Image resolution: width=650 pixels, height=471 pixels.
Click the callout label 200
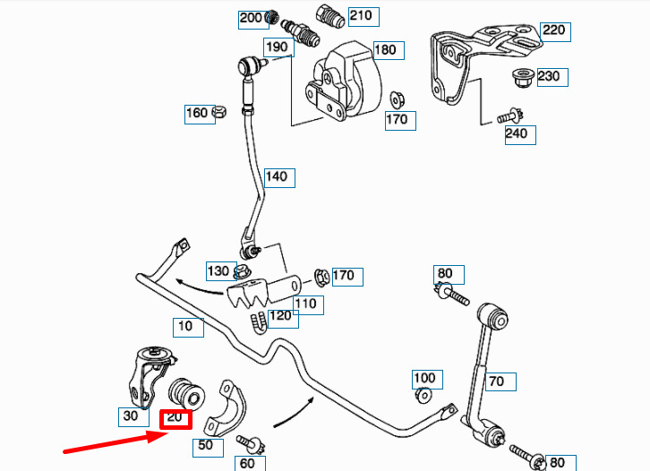coord(251,18)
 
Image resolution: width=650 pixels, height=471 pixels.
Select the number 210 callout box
coord(361,15)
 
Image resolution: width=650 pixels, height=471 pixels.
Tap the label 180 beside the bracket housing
coord(385,50)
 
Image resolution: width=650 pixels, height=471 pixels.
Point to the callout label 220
coord(554,30)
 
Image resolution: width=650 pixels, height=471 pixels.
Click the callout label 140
coord(277,176)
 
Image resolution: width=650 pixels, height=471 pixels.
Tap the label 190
coord(277,47)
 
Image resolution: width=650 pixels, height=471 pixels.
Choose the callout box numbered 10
coord(185,326)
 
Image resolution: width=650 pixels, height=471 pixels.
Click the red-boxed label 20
coord(175,417)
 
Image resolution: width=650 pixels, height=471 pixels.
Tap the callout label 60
coord(247,463)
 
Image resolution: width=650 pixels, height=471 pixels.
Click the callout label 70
coord(497,381)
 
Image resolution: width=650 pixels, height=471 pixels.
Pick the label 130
coord(218,270)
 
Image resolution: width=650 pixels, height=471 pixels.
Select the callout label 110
coord(305,304)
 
